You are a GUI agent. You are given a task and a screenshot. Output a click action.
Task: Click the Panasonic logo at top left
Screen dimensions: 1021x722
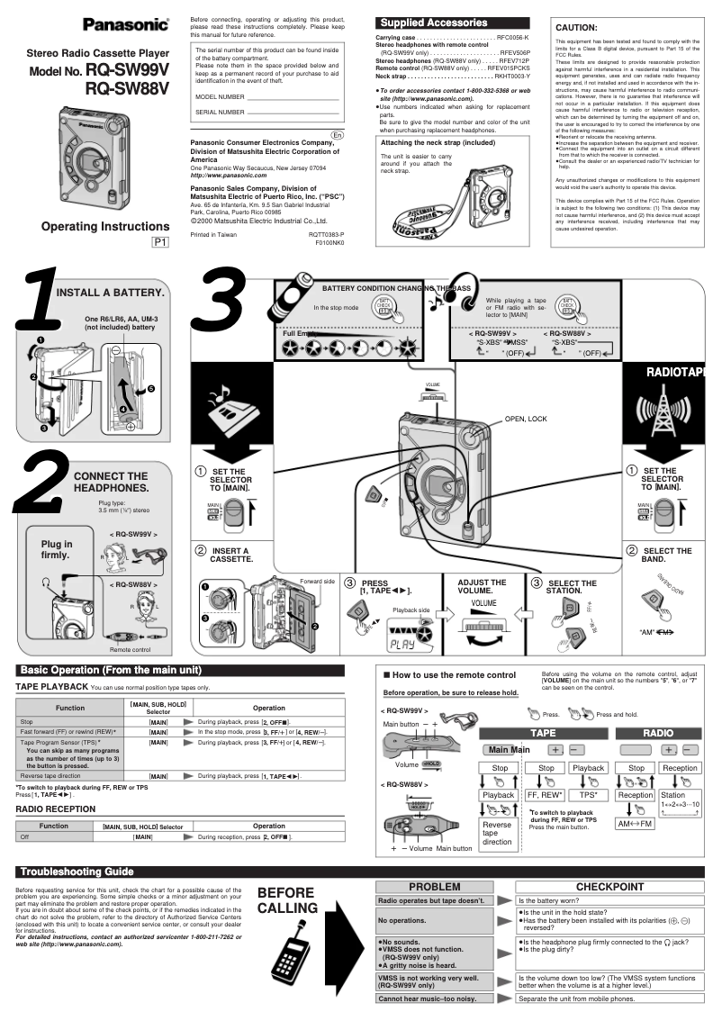(x=126, y=24)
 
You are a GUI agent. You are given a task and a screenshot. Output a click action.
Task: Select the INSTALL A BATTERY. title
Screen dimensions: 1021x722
(x=110, y=293)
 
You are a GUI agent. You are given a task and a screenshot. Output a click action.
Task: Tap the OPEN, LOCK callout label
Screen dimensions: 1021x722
(x=526, y=419)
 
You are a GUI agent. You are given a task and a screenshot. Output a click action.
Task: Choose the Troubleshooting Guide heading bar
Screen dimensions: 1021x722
(x=77, y=871)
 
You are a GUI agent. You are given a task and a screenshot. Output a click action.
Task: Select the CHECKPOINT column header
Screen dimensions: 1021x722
(x=609, y=886)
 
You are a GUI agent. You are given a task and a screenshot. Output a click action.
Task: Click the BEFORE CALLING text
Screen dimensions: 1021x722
(x=286, y=900)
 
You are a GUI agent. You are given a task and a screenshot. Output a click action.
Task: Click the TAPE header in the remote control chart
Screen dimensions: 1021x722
(x=543, y=733)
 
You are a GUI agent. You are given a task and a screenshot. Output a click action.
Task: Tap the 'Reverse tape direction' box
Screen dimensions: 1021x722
(x=497, y=834)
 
